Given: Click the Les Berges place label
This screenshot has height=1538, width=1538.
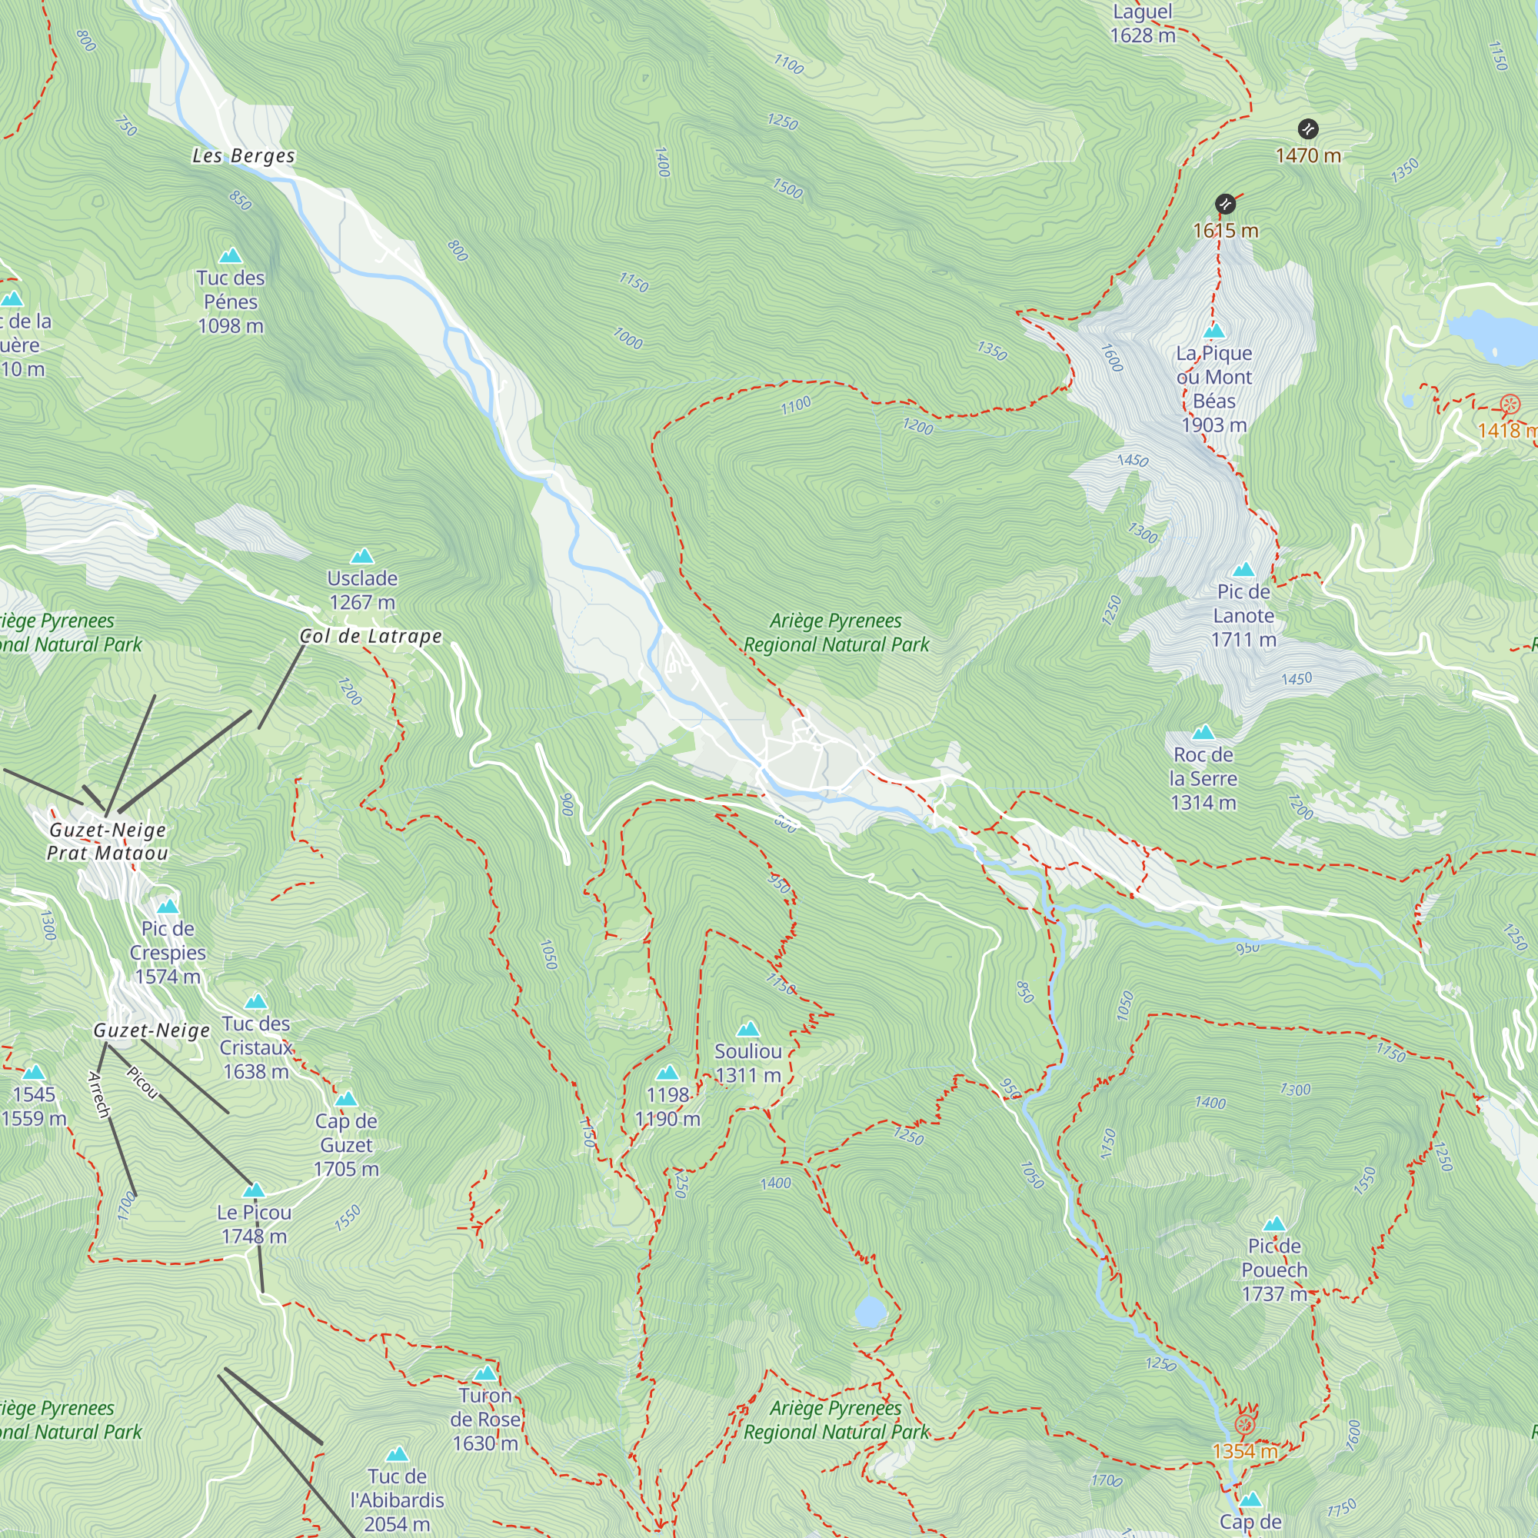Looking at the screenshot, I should tap(244, 156).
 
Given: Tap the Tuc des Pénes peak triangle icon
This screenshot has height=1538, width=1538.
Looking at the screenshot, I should tap(231, 255).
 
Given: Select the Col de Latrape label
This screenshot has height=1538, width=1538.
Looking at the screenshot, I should tap(370, 636).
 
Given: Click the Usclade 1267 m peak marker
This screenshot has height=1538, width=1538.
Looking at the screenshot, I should tap(362, 556).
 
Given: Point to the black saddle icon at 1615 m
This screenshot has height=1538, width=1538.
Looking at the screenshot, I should tap(1225, 205).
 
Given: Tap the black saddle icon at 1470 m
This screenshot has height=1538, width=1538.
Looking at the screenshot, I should tap(1308, 129).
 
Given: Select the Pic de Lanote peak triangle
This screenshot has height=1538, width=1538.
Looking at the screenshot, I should tap(1243, 569).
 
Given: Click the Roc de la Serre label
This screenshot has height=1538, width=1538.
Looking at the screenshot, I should tap(1203, 777).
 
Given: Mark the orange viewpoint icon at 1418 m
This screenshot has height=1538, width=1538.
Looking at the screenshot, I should tap(1510, 405).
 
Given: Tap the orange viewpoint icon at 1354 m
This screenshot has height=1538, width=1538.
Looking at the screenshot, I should tap(1245, 1424).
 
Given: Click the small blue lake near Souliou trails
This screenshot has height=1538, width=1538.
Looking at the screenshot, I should tap(869, 1310).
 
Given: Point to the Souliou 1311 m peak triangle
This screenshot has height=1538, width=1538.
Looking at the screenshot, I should tap(747, 1030).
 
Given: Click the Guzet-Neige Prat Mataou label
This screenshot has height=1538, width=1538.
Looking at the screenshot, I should tap(108, 841).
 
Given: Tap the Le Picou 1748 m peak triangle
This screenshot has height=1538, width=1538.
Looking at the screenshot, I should tap(254, 1190).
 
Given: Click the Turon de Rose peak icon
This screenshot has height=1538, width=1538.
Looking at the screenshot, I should tap(484, 1373).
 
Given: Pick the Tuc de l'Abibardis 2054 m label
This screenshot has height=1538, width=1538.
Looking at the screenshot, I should tap(398, 1500).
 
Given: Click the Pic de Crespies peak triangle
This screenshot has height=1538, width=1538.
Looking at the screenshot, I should tap(167, 907).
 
